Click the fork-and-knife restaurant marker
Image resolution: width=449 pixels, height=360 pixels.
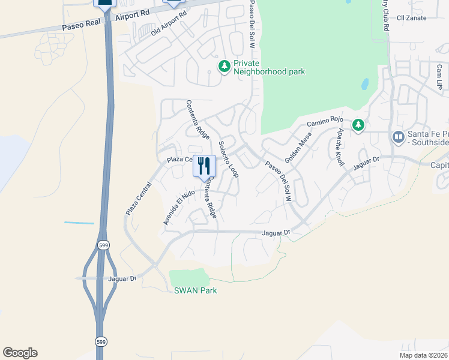(x=204, y=165)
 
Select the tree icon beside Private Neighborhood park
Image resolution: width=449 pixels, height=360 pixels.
(x=224, y=65)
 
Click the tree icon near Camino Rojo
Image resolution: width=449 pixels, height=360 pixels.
(x=358, y=125)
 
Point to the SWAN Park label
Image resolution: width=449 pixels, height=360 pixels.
(x=195, y=291)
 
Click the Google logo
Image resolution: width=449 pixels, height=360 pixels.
(x=20, y=353)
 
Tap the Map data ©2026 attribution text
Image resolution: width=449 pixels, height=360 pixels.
(x=423, y=355)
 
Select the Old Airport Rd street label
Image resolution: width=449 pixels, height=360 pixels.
(x=169, y=23)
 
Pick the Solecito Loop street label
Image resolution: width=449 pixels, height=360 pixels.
(x=229, y=159)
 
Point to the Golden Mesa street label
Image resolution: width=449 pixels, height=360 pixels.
(x=298, y=148)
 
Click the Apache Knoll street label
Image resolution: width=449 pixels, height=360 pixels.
(x=340, y=147)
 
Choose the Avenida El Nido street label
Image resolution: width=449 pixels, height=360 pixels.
(x=172, y=207)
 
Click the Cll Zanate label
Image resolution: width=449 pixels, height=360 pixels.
(x=412, y=18)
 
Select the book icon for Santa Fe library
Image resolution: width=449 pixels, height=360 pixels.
(x=397, y=138)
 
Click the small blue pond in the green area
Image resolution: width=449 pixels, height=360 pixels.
(x=364, y=84)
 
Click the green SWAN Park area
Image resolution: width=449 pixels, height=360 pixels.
(x=189, y=277)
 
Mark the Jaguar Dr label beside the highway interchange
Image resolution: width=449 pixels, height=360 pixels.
(x=122, y=278)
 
